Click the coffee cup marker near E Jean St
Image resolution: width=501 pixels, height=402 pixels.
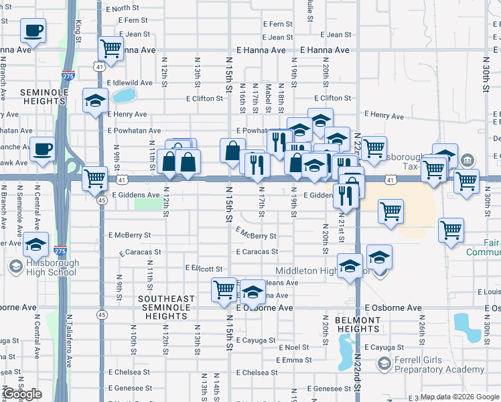pos(33,30)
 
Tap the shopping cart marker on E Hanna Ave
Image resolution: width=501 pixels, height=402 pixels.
pos(110,48)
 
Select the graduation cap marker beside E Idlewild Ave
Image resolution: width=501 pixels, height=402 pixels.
pos(95,100)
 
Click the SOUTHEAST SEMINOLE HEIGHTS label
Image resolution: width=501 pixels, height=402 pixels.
pos(166,303)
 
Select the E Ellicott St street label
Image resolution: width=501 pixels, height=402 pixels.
pos(204,269)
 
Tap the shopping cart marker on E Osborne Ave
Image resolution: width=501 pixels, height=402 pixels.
pos(224,290)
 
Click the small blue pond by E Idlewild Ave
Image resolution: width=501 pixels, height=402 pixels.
pos(123,95)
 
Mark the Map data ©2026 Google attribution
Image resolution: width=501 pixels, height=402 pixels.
pos(459,397)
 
